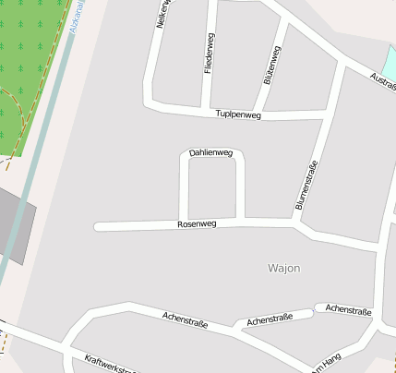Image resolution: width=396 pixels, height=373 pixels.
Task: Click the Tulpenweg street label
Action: pyautogui.click(x=238, y=114)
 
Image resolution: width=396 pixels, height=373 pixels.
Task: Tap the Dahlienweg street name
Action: pyautogui.click(x=210, y=152)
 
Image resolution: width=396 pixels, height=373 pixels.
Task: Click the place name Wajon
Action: pyautogui.click(x=283, y=268)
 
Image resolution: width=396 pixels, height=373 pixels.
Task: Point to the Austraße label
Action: pyautogui.click(x=382, y=80)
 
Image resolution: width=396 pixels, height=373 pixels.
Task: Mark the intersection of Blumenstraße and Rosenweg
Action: pyautogui.click(x=295, y=223)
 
